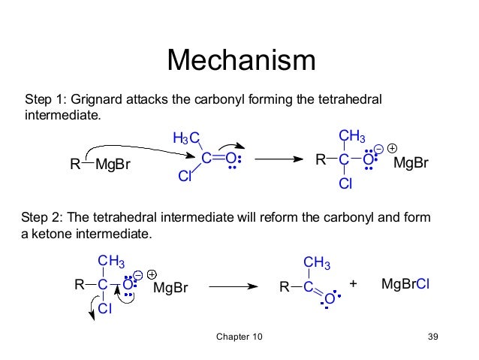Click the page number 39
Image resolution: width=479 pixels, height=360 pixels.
point(432,336)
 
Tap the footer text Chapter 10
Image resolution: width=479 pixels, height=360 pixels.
point(239,336)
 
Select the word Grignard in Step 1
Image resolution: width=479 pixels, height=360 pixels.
point(100,100)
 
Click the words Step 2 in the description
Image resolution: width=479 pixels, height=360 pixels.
point(42,218)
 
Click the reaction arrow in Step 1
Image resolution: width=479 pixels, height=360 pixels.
point(276,159)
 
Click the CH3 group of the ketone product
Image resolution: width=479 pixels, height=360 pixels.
point(316,262)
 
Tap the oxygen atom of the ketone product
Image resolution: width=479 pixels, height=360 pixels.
point(327,301)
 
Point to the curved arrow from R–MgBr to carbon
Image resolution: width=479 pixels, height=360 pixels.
point(135,140)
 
